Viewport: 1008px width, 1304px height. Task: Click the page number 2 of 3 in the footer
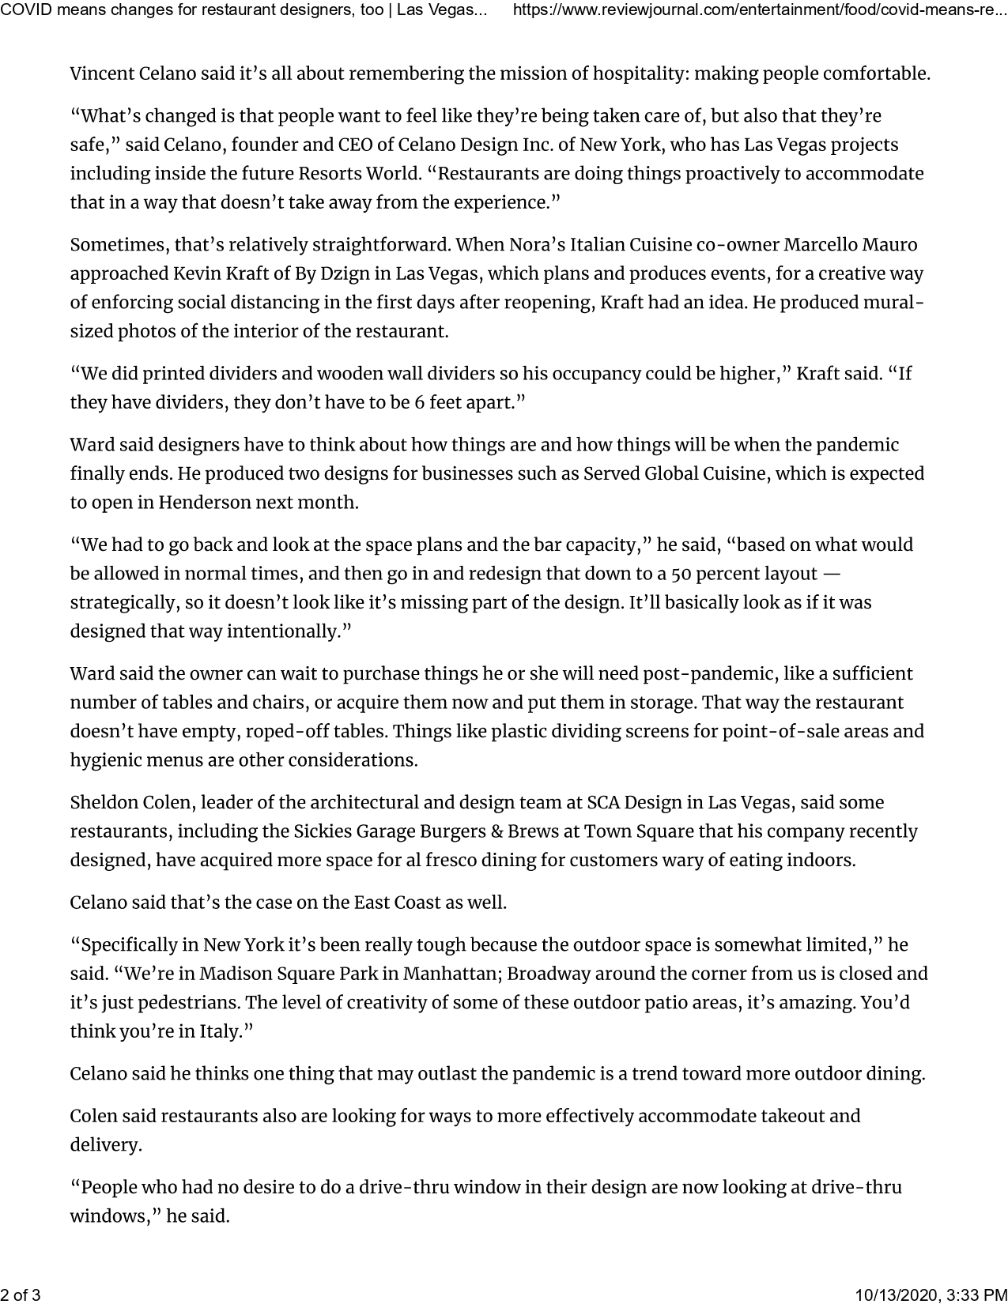tap(21, 1295)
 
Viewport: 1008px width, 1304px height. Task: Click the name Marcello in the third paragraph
tap(829, 245)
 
